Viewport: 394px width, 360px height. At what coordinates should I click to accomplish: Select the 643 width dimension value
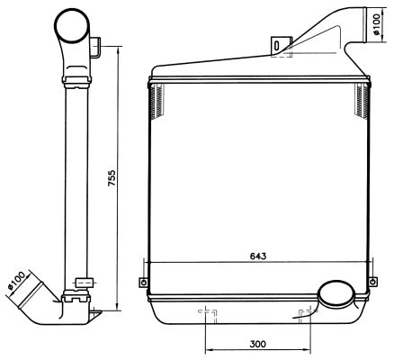(x=257, y=256)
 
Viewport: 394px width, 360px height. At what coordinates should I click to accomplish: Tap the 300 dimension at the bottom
(x=258, y=345)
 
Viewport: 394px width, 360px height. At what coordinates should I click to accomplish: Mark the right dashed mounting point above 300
(x=307, y=314)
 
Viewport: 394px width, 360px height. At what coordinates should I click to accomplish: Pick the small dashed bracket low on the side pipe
(x=83, y=283)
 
